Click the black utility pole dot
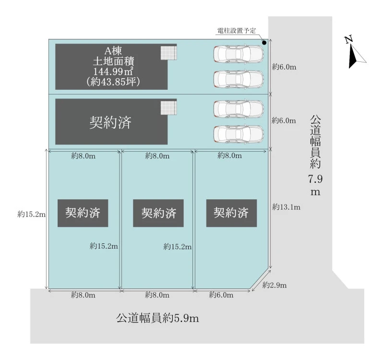[x=264, y=43]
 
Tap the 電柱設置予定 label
[x=237, y=31]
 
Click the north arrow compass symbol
[x=355, y=52]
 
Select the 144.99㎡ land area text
[x=113, y=71]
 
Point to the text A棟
[x=113, y=51]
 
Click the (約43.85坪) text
[x=113, y=82]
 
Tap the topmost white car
[x=239, y=54]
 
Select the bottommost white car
[x=239, y=134]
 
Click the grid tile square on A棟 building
[x=168, y=53]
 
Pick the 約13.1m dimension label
[x=286, y=207]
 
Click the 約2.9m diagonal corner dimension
[x=274, y=285]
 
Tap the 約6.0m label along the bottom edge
[x=221, y=295]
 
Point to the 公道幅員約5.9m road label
[x=157, y=318]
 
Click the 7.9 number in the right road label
[x=315, y=179]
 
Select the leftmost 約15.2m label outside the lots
[x=31, y=214]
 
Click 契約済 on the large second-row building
[x=110, y=122]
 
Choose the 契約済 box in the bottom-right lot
[x=231, y=213]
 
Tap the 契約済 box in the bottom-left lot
[x=83, y=213]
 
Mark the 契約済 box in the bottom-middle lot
[x=158, y=213]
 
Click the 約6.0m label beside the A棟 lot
[x=284, y=67]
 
